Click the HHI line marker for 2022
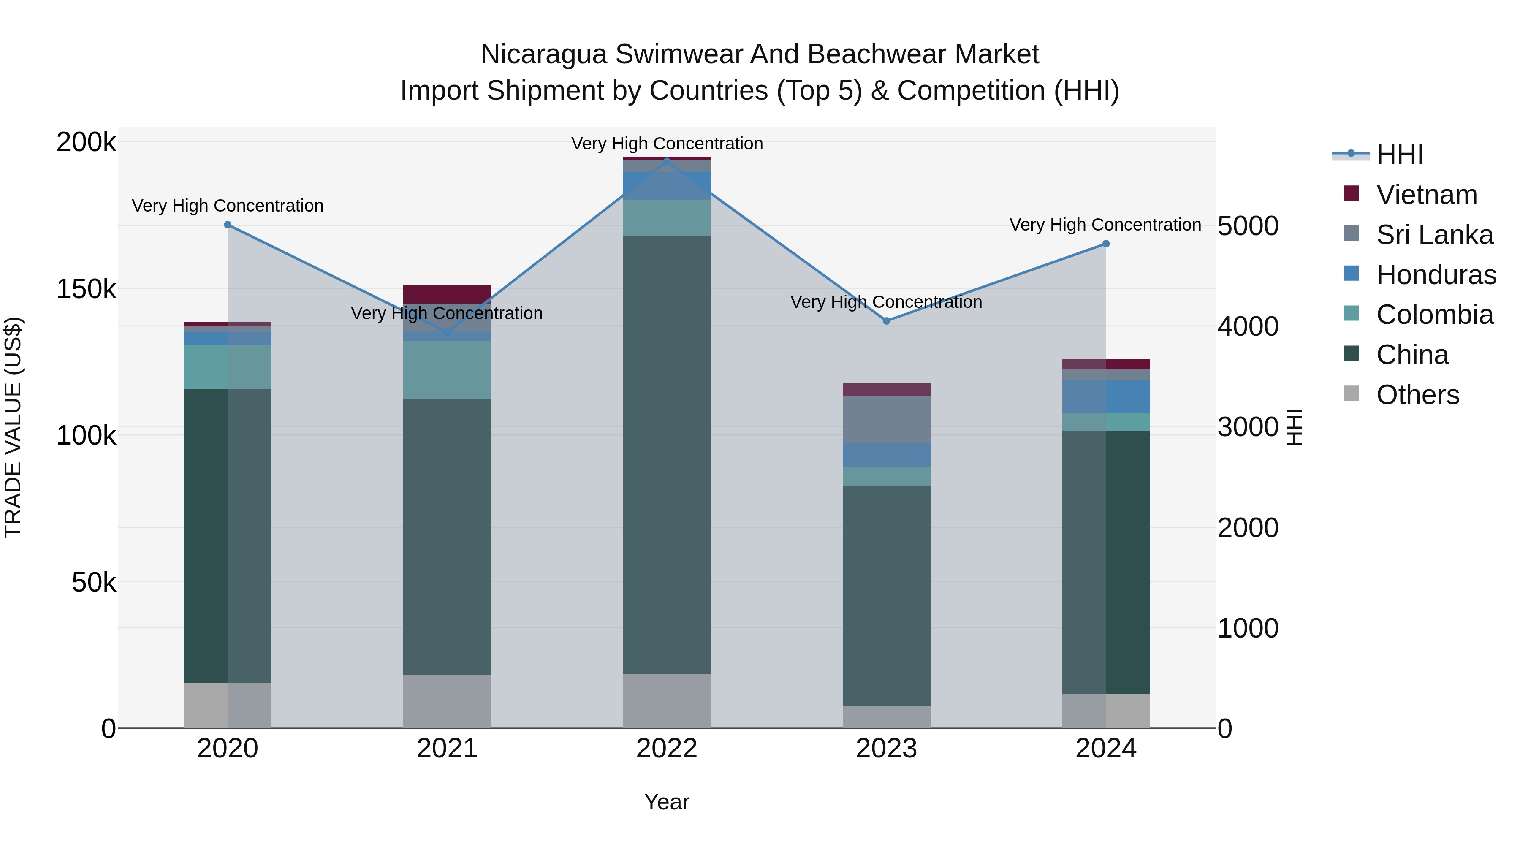tap(667, 161)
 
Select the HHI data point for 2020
tap(228, 225)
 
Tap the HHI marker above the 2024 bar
tap(1106, 244)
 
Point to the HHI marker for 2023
tap(886, 321)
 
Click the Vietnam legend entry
tap(1426, 195)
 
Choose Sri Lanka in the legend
tap(1434, 235)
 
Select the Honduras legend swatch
tap(1351, 274)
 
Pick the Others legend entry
tap(1417, 395)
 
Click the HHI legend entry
tap(1400, 155)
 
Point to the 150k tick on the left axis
tap(86, 289)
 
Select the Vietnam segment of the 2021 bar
tap(447, 294)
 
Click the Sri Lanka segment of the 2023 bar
tap(886, 420)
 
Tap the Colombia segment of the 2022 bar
tap(667, 218)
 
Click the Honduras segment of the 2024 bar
tap(1106, 396)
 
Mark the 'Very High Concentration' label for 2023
tap(886, 302)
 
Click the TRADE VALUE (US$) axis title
tap(13, 427)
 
